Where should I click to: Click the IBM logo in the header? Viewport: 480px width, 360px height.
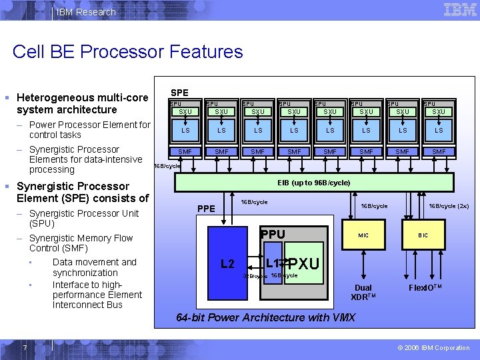click(x=460, y=10)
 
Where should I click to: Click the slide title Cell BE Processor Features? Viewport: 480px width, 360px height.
click(x=127, y=52)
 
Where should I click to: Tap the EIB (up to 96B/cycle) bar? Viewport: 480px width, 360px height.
click(x=313, y=182)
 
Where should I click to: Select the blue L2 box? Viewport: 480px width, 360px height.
click(x=227, y=264)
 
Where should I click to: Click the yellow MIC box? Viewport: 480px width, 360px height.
click(x=363, y=235)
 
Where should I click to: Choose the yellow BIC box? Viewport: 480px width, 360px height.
click(x=423, y=235)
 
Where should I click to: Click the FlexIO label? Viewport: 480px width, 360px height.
click(x=427, y=288)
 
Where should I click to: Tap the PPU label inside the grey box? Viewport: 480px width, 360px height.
click(x=273, y=234)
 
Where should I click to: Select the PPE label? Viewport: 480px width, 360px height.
click(x=207, y=209)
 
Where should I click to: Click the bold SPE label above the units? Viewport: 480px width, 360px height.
click(x=179, y=93)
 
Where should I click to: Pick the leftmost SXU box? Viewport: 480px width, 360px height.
click(x=185, y=111)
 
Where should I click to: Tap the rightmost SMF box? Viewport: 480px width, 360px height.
click(x=439, y=152)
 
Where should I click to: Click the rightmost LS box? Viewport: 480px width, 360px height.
click(x=439, y=130)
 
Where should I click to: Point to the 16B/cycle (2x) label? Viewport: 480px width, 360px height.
click(x=449, y=206)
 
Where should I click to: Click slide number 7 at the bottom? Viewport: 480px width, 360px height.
click(x=24, y=347)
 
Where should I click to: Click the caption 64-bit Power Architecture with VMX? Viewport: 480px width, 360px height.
click(x=265, y=317)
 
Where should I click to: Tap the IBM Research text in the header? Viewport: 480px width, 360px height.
click(x=86, y=12)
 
